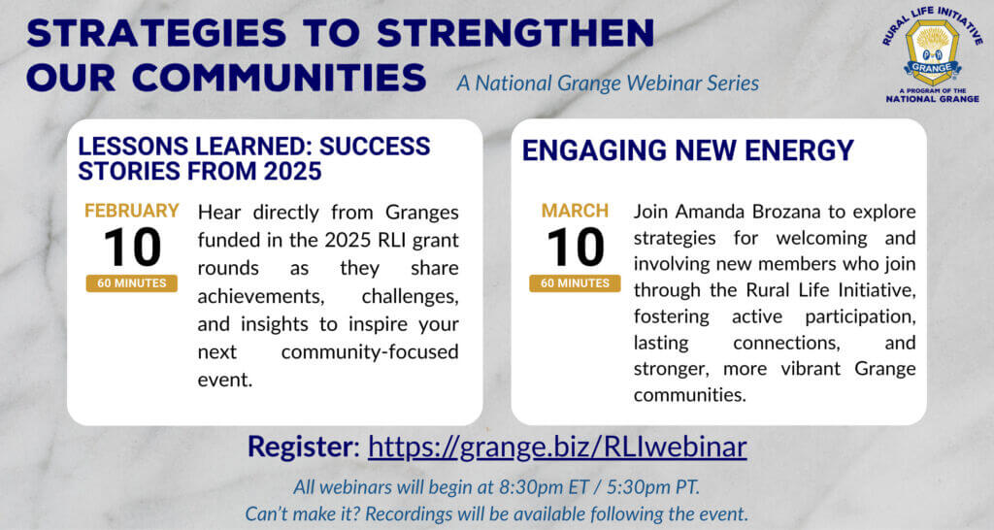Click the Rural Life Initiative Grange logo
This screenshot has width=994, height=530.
coord(933,54)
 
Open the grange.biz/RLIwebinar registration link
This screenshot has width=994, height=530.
coord(557,447)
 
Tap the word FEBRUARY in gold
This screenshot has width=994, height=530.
coord(132,211)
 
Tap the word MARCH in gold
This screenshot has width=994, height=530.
coord(575,211)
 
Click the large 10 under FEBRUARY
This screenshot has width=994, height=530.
coord(132,248)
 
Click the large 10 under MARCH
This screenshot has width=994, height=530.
coord(575,248)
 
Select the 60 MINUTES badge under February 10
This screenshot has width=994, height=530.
coord(132,283)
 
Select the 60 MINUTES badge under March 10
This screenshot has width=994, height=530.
coord(575,283)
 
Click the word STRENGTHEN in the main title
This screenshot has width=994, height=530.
coord(515,33)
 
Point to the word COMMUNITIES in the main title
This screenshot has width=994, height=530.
coord(280,78)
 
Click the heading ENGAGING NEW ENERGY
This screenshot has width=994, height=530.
coord(688,150)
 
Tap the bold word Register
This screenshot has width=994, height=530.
coord(299,447)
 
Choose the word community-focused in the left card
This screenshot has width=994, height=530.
coord(370,351)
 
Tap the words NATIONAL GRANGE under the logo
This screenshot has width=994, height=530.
coord(933,99)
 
